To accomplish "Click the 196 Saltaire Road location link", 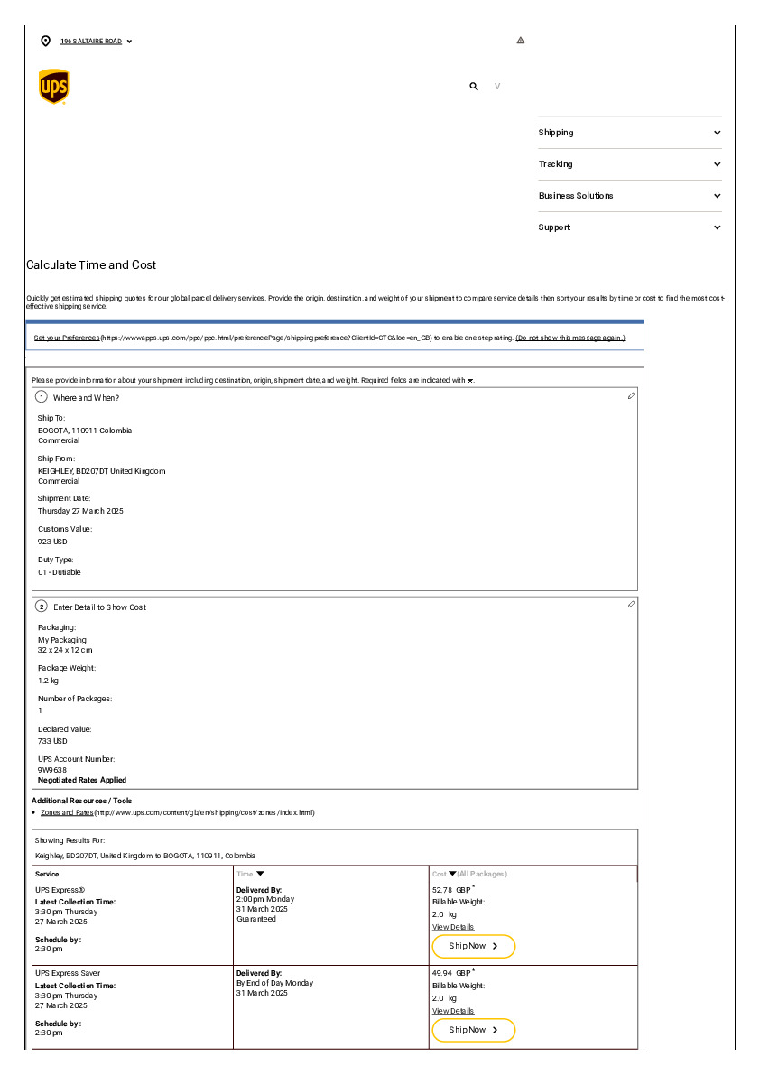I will coord(91,42).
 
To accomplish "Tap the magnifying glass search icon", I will coord(474,87).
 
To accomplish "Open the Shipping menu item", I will coord(556,133).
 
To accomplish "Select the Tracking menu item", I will coord(555,164).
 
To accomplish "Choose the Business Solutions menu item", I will coord(576,196).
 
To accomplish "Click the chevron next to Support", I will coord(718,227).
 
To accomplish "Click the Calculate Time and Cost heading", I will coord(91,265).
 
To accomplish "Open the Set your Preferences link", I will coord(67,338).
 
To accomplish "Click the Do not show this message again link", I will coord(570,338).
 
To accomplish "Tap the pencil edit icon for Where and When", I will coord(631,396).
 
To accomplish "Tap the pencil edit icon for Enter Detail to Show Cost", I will coord(631,604).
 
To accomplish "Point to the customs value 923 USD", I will coord(52,542).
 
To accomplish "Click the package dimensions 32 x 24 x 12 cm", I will coord(65,650).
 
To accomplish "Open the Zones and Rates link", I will coord(67,812).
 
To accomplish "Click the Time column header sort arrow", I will coord(260,874).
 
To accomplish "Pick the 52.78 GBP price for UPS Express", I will coord(451,890).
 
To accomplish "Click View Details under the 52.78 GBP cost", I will coord(453,927).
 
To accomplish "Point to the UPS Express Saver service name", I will coord(68,973).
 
